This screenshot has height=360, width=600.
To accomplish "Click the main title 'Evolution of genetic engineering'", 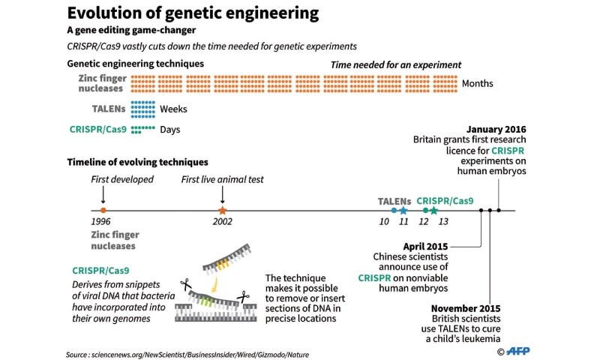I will (193, 13).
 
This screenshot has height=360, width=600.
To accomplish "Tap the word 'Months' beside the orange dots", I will (478, 83).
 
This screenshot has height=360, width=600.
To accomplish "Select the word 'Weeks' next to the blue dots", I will (173, 109).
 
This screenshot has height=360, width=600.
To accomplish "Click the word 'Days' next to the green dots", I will (169, 130).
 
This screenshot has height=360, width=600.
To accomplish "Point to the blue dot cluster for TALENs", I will (143, 109).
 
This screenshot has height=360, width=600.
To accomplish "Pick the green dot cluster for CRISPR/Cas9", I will (142, 129).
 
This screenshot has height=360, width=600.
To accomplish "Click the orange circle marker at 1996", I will (103, 211).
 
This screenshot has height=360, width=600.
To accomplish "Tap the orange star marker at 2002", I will (222, 211).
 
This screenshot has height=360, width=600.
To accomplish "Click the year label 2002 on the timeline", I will (222, 222).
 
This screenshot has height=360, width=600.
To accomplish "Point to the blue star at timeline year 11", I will (403, 211).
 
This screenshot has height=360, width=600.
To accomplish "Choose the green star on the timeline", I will (433, 211).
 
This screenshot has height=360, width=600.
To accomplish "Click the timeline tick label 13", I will (443, 222).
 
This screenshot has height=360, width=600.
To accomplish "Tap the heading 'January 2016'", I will (496, 129).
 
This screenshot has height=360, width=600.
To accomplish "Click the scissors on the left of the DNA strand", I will (185, 285).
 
